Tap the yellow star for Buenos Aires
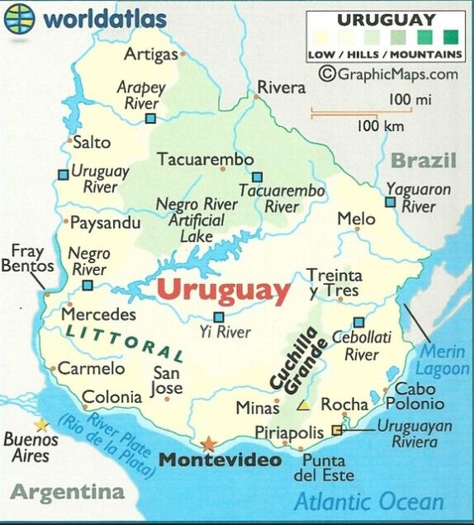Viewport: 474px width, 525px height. (41, 424)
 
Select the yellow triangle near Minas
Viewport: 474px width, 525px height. (305, 405)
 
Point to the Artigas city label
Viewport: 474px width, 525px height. (151, 54)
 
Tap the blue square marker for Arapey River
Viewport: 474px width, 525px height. (150, 119)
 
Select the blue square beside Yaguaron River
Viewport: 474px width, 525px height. (390, 201)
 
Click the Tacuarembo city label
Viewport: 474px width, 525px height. (200, 159)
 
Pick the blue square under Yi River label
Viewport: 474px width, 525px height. (219, 317)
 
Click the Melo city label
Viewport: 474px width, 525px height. (356, 220)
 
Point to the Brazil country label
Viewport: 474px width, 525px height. (423, 160)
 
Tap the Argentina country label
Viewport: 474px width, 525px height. (68, 493)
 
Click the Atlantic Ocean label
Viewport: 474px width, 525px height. (368, 501)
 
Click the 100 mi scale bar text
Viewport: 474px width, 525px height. (400, 100)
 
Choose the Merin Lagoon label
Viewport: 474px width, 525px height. (442, 360)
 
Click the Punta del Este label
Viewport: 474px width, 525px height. (324, 468)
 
